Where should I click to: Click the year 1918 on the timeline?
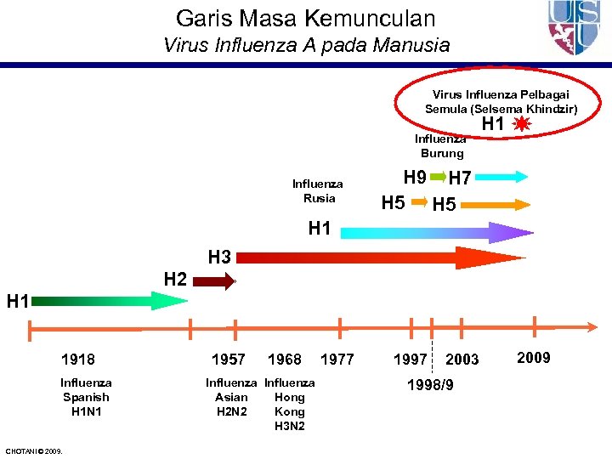[78, 360]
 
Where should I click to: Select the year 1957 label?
[228, 360]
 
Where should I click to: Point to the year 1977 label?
[337, 360]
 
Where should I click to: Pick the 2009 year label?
[533, 358]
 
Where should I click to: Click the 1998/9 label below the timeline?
[430, 385]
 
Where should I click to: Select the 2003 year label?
[462, 360]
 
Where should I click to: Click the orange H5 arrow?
[494, 205]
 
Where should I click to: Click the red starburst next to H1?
[522, 125]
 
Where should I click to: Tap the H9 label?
[414, 178]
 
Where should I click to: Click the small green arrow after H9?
[438, 177]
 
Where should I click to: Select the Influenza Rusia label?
[318, 191]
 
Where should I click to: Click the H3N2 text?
[289, 426]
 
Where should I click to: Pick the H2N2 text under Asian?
[231, 411]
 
